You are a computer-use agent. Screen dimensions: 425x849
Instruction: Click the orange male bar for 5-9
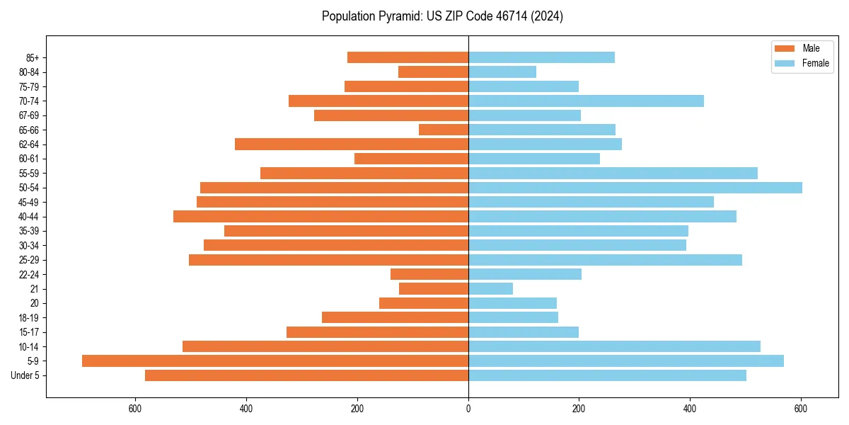click(x=275, y=361)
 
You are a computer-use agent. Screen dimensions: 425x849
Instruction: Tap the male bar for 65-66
click(x=444, y=130)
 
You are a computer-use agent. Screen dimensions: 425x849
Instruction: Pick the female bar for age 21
click(x=490, y=289)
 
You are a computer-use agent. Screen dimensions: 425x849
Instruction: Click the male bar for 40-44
click(x=320, y=217)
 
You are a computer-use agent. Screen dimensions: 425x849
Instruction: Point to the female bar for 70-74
click(x=586, y=101)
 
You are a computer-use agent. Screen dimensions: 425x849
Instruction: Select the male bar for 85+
click(x=408, y=57)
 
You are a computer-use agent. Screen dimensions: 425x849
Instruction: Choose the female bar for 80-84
click(x=502, y=72)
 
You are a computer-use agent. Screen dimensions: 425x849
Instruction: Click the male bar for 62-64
click(x=352, y=144)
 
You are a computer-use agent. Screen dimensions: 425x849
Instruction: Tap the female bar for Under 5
click(x=607, y=375)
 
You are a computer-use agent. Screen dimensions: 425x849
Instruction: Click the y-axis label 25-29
click(x=29, y=260)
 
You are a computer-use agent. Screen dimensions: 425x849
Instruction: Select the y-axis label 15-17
click(x=29, y=332)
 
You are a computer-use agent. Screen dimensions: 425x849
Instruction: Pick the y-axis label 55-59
click(x=29, y=174)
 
